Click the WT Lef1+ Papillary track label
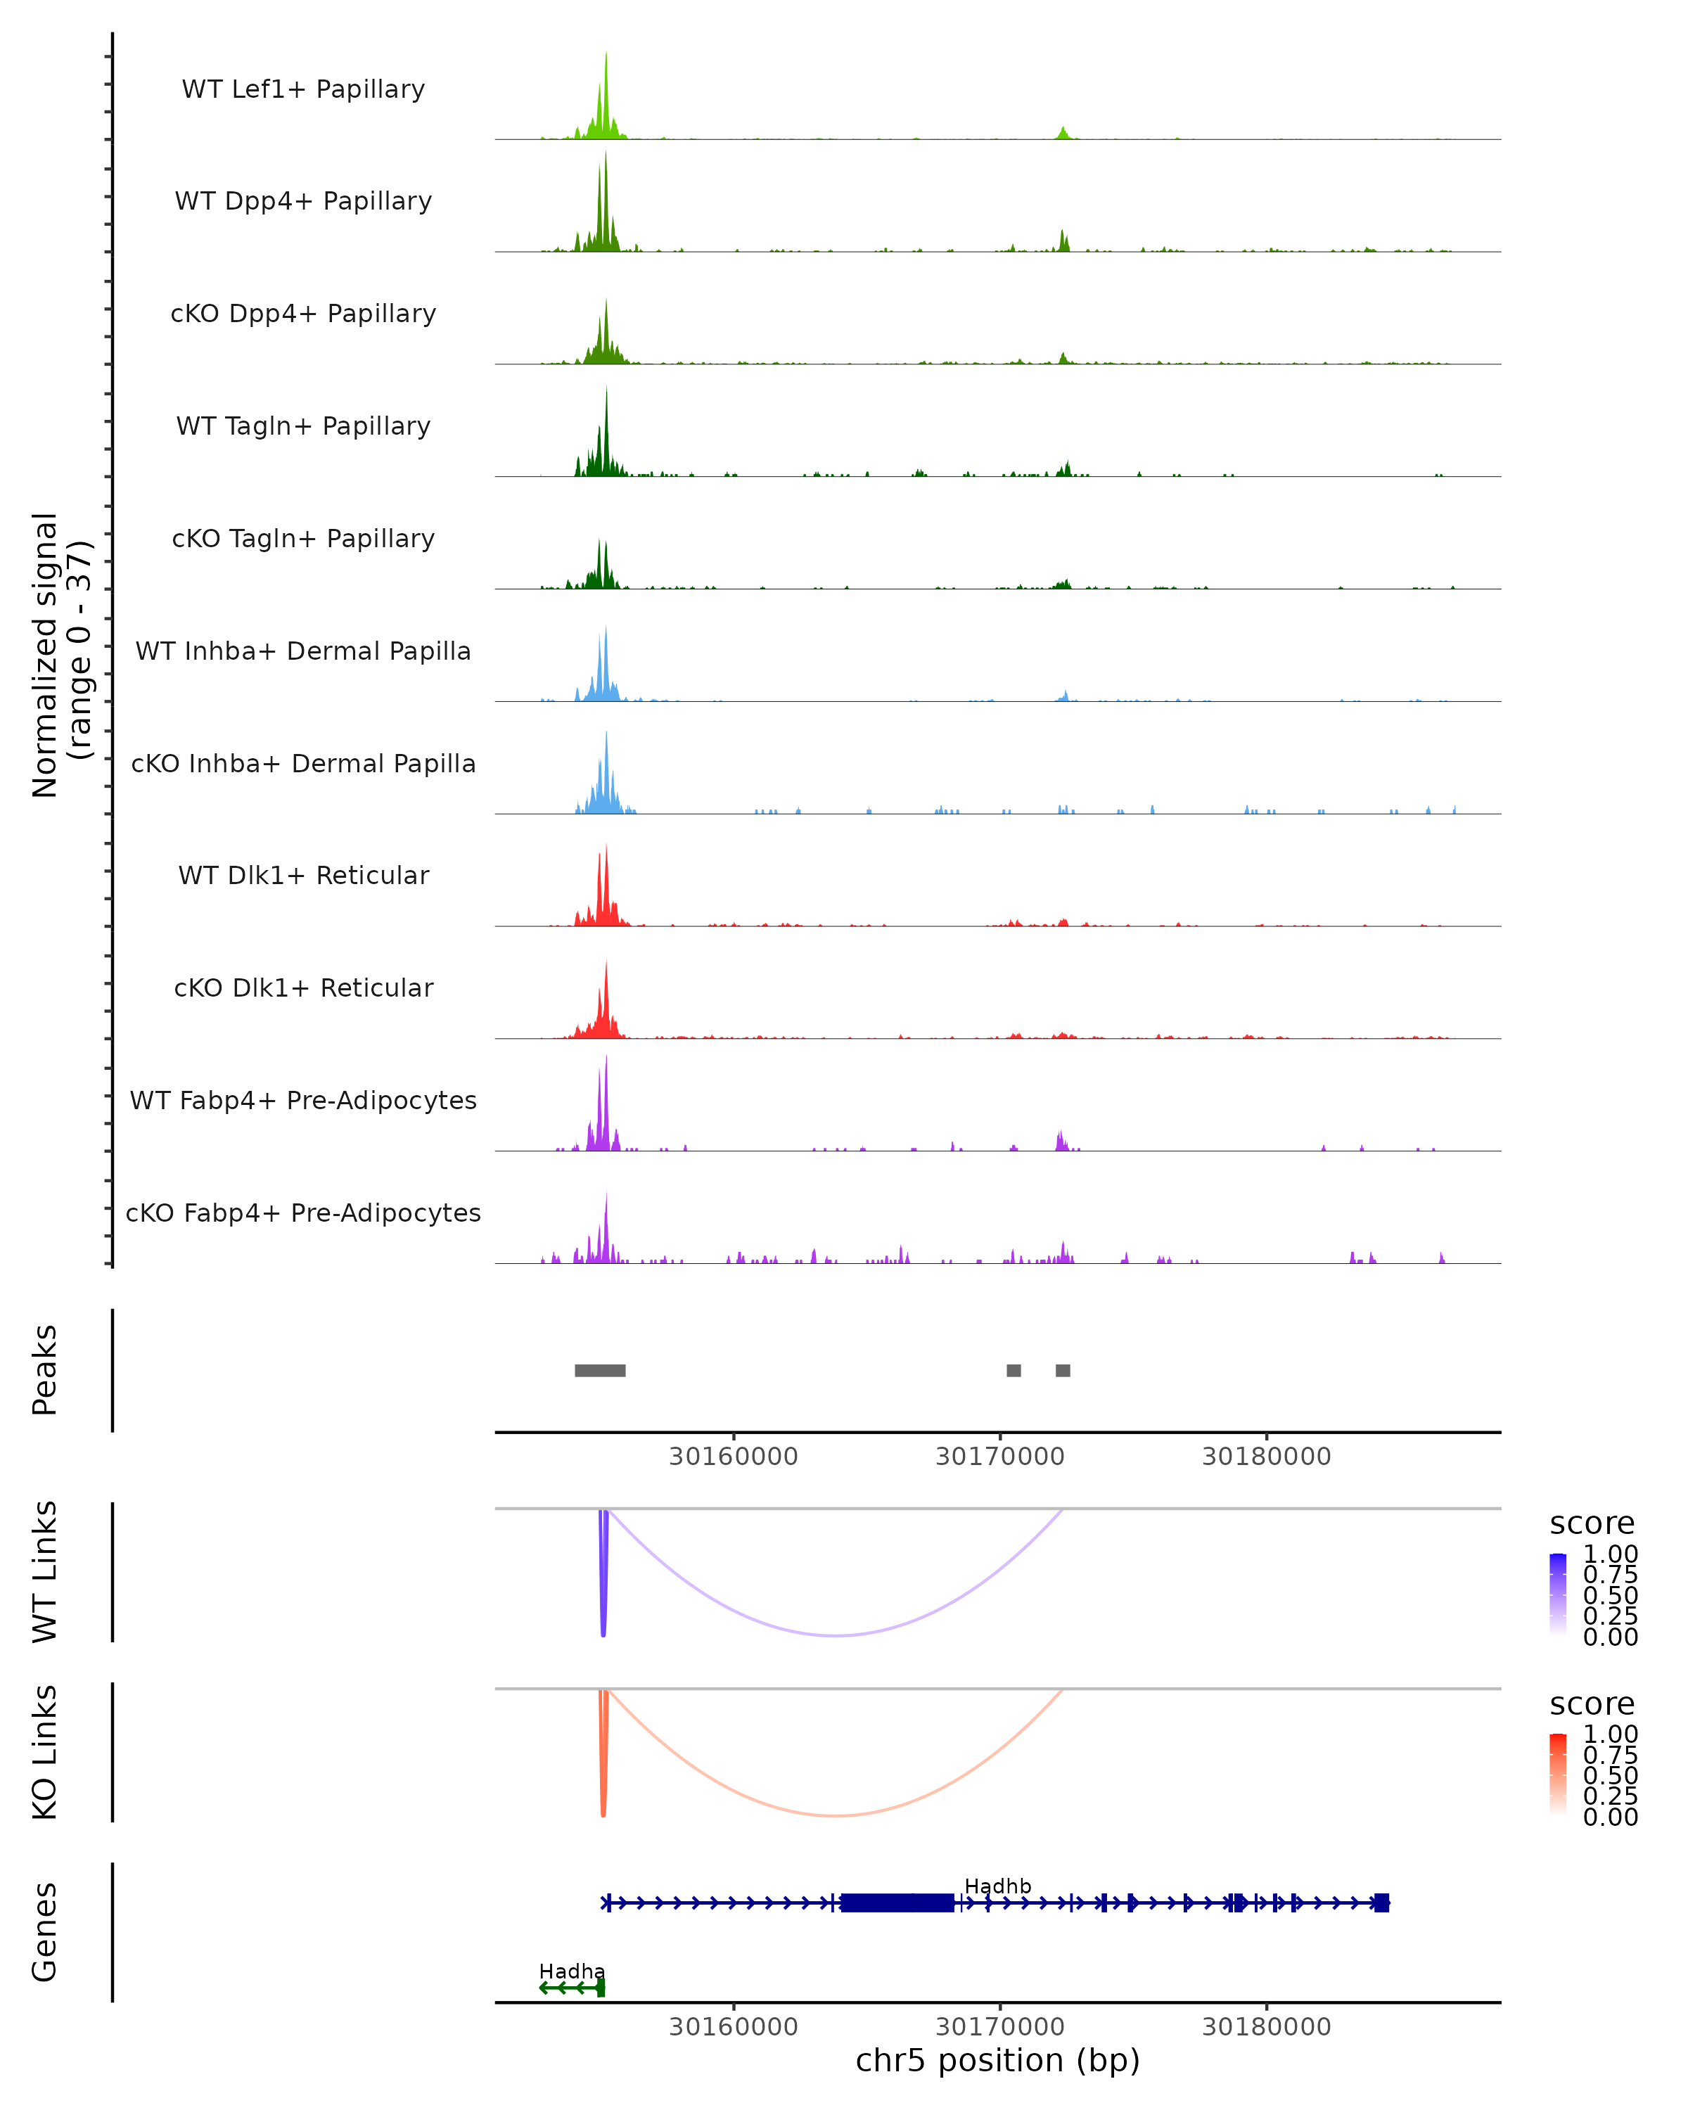point(303,89)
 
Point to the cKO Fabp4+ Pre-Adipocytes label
point(303,1213)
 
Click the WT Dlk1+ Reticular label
point(303,875)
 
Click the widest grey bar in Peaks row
point(600,1370)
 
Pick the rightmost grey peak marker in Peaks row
point(1063,1370)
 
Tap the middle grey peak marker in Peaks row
point(1014,1370)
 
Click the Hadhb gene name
point(997,1886)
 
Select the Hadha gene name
point(572,1971)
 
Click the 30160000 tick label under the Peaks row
point(733,1457)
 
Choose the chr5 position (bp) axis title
point(997,2060)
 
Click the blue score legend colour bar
point(1558,1594)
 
